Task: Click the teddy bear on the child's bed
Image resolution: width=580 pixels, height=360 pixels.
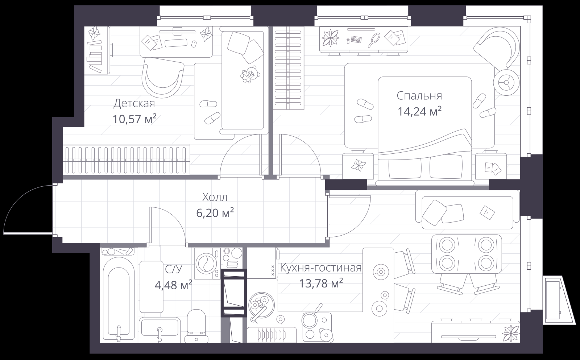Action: click(250, 74)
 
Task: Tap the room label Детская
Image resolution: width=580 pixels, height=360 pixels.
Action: click(134, 103)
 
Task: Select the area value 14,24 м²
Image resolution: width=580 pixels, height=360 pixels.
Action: click(419, 112)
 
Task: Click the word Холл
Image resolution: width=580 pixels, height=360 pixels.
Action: click(215, 197)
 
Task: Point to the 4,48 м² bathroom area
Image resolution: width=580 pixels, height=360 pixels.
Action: click(173, 285)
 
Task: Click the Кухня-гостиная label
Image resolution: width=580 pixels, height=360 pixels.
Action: click(321, 268)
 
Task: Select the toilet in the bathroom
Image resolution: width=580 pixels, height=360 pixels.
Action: click(196, 326)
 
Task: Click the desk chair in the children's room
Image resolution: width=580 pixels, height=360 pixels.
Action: click(163, 77)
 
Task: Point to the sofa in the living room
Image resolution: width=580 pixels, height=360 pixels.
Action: click(467, 210)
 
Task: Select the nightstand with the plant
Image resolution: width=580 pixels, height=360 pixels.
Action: click(358, 165)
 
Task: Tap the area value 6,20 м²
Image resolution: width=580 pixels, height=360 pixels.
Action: click(215, 213)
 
